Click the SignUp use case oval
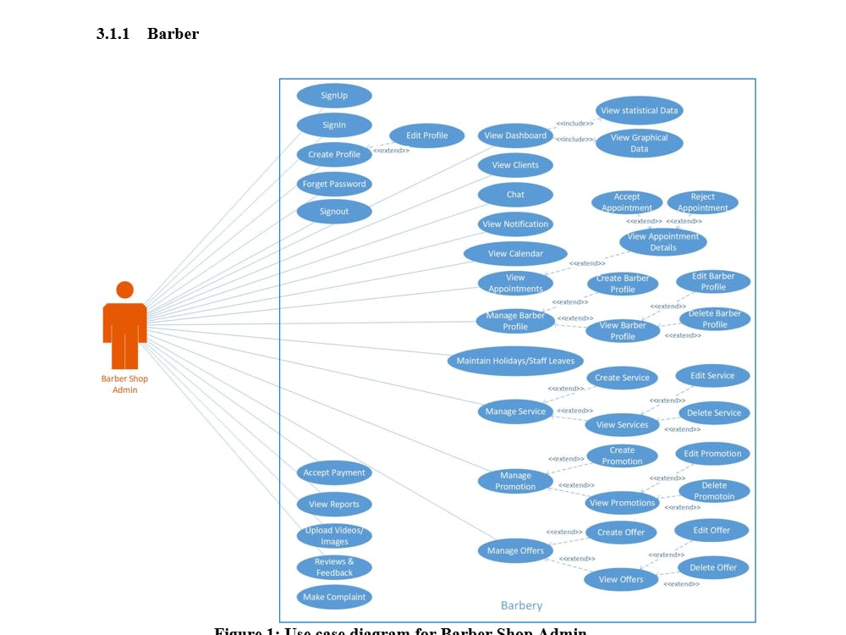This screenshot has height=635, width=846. [x=334, y=96]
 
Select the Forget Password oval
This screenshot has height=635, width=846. [x=334, y=184]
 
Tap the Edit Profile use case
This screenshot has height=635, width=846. [x=427, y=135]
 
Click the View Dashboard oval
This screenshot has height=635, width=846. [x=515, y=135]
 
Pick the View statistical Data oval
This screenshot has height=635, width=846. [x=639, y=111]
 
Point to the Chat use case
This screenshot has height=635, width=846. [x=515, y=195]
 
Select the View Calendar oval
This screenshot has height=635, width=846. [x=515, y=253]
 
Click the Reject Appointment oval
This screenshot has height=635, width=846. [x=702, y=202]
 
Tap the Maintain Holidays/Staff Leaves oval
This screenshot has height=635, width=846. [x=515, y=361]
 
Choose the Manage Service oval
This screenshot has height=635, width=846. [x=515, y=411]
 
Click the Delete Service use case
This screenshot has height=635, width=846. [x=714, y=413]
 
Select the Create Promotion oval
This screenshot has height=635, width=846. [x=622, y=456]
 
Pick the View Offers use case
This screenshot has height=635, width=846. [x=621, y=580]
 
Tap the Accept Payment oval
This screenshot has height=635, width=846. [x=334, y=473]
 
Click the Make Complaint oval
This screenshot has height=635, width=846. [x=334, y=597]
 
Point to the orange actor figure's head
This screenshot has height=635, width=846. [x=125, y=290]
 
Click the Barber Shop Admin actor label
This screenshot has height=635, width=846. [x=125, y=384]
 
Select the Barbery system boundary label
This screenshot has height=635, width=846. [x=521, y=605]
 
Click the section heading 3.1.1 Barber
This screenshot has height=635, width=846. [x=148, y=34]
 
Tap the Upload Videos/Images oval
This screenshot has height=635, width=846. [x=334, y=536]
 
